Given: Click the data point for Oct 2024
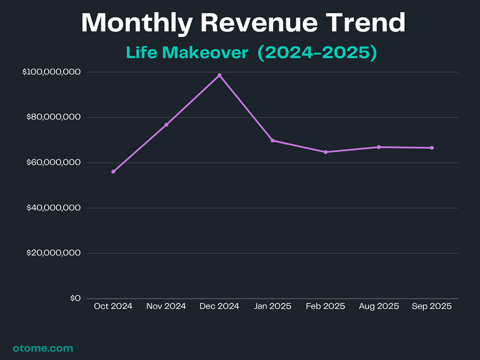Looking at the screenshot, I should [x=113, y=172].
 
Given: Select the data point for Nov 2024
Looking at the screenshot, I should [x=166, y=125].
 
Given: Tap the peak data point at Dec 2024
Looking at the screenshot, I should [x=219, y=76].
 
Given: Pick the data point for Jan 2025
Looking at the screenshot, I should [x=273, y=140].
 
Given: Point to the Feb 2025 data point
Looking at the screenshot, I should [x=325, y=152].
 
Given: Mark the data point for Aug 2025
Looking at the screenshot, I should [x=379, y=147].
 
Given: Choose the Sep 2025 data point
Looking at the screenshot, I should [x=432, y=148].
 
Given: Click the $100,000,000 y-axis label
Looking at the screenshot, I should [x=52, y=72].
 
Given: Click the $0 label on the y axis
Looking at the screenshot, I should [x=75, y=299].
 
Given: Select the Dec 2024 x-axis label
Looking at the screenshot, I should [x=219, y=307].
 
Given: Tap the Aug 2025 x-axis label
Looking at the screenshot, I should [x=379, y=307].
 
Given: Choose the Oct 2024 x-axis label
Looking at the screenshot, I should [x=113, y=307].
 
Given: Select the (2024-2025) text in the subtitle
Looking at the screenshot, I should [x=317, y=53].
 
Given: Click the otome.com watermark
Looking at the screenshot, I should [x=43, y=348].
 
